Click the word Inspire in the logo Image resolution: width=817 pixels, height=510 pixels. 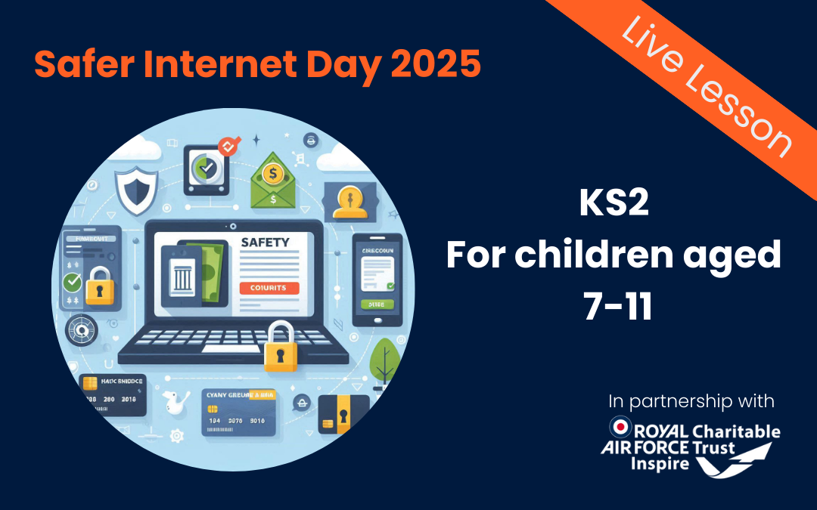(660, 463)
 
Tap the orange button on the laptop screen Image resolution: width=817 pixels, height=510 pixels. (269, 288)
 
